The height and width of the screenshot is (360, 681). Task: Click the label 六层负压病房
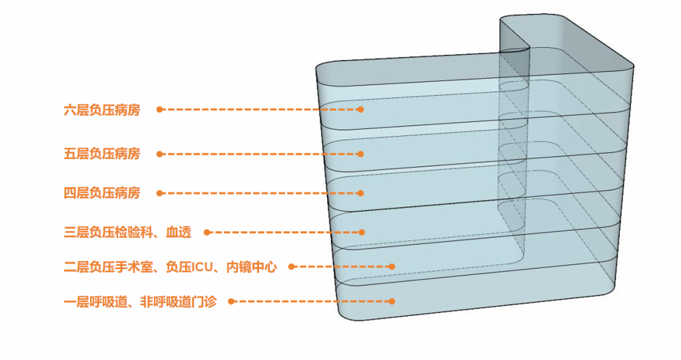tap(102, 110)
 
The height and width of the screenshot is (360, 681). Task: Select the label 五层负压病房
tap(102, 154)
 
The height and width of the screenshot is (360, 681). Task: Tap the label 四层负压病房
tap(102, 193)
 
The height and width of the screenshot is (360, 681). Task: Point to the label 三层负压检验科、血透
tap(127, 233)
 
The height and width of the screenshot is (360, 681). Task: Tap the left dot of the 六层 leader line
tap(160, 109)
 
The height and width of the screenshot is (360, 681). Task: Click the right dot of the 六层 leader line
tap(361, 109)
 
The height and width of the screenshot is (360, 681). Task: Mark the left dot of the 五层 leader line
tap(160, 154)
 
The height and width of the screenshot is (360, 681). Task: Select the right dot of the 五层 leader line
tap(361, 154)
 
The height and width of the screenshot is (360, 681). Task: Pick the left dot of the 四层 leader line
tap(160, 193)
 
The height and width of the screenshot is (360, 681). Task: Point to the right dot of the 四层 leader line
tap(361, 193)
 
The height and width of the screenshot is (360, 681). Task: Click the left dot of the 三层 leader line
tap(207, 233)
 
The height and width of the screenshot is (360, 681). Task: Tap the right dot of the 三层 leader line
tap(361, 233)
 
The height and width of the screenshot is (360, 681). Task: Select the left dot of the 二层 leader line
tap(291, 267)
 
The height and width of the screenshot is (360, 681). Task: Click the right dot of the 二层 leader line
tap(392, 267)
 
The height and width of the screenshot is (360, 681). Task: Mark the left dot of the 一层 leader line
tap(231, 301)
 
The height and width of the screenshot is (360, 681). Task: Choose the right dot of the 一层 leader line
tap(392, 301)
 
